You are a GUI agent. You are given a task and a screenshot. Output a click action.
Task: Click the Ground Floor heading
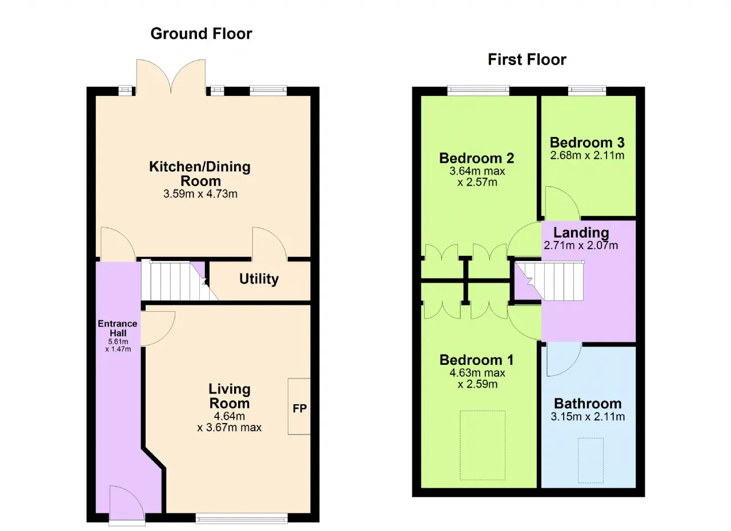pos(201,34)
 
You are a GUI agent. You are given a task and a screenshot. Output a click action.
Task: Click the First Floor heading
pos(527,60)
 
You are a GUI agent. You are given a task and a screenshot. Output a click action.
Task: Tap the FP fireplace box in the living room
pos(299,407)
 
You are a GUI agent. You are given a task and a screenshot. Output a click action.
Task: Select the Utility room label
pos(259,279)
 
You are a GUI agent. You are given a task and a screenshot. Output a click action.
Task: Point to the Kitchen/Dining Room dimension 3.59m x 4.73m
pos(200,194)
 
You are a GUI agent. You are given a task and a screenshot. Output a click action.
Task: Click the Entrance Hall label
pos(118,328)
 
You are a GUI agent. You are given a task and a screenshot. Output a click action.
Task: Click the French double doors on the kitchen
pos(171,77)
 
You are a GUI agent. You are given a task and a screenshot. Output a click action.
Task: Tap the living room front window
pos(242,518)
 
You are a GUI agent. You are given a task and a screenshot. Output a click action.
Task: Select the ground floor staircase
pos(179,280)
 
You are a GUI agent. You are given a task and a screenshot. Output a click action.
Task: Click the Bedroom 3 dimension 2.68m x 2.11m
pos(587,155)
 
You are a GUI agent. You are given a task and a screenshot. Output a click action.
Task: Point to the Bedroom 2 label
pos(477,158)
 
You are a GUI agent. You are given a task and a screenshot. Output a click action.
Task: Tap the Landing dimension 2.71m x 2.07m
pos(581,246)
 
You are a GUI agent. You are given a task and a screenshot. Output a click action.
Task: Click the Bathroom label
pos(588,404)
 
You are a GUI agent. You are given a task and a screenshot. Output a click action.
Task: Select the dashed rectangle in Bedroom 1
pos(483,445)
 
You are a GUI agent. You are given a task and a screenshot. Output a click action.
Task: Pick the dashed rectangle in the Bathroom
pos(591,460)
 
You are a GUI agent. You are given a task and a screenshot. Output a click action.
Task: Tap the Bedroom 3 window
pos(587,90)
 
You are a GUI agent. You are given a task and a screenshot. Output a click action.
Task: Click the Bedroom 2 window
pos(478,90)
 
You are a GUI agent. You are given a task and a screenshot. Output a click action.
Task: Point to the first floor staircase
pos(549,281)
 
